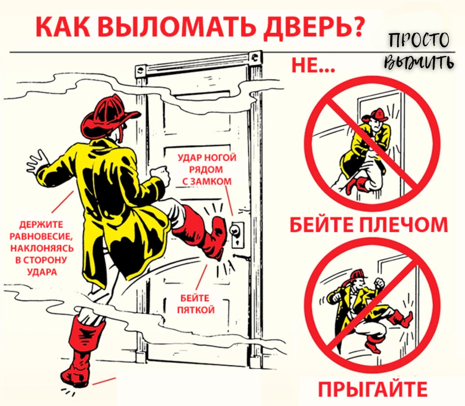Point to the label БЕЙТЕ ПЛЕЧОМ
[x=369, y=225]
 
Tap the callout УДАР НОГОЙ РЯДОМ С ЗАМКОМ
[x=207, y=169]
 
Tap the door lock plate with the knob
[x=238, y=235]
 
